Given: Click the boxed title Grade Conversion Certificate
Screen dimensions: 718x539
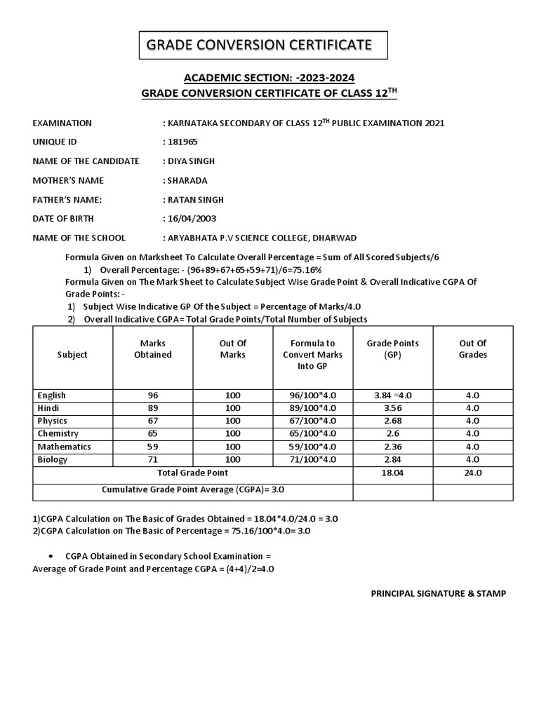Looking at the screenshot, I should (258, 46).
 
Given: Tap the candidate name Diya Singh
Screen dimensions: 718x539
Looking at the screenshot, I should (191, 161).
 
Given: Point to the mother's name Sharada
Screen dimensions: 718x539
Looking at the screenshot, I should (187, 180).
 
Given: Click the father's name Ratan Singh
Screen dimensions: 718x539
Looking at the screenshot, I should (195, 199).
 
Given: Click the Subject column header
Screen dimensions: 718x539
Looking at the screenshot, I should (72, 354).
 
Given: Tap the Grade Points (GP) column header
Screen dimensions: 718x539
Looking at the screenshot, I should (392, 348).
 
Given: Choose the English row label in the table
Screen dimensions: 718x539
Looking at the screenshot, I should (52, 395).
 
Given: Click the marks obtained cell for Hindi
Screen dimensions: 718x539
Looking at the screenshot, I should (153, 408).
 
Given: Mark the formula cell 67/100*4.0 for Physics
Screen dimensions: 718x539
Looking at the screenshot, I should (312, 421).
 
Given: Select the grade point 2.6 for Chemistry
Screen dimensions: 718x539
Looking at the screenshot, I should (392, 433).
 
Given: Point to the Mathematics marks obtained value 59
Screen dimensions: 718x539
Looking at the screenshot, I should (153, 446).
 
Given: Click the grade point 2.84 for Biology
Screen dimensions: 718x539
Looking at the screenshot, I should (392, 459).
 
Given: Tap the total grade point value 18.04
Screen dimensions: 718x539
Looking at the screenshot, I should (392, 473).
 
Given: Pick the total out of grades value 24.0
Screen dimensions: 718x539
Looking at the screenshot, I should (472, 473).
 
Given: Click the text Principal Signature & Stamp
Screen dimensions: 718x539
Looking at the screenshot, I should (438, 593).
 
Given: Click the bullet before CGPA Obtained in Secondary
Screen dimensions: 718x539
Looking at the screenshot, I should (53, 556).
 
